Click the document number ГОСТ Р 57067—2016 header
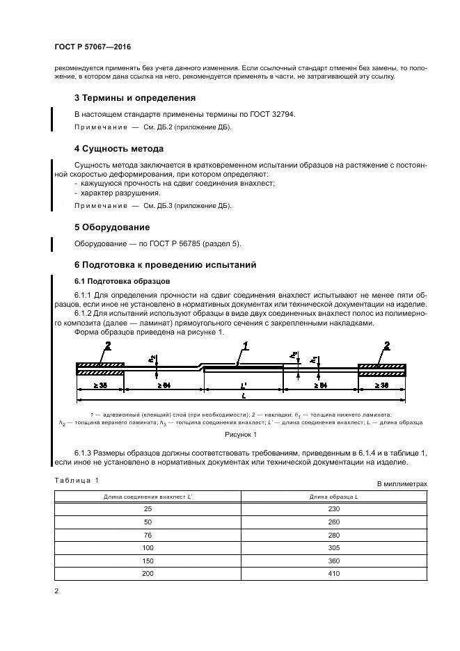[x=92, y=47]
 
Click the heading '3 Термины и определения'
[x=134, y=97]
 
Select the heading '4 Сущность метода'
[x=118, y=148]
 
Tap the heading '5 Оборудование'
[x=111, y=227]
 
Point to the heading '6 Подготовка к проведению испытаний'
[x=165, y=265]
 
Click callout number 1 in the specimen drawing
[x=245, y=346]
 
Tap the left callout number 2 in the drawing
[x=107, y=346]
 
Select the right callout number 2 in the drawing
[x=387, y=346]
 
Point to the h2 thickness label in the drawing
[x=151, y=358]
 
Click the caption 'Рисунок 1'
[x=240, y=435]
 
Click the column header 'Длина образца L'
[x=335, y=496]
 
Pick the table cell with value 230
[x=335, y=509]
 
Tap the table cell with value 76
[x=148, y=536]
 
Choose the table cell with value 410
[x=335, y=574]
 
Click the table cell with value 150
[x=148, y=561]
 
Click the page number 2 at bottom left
[x=56, y=591]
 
